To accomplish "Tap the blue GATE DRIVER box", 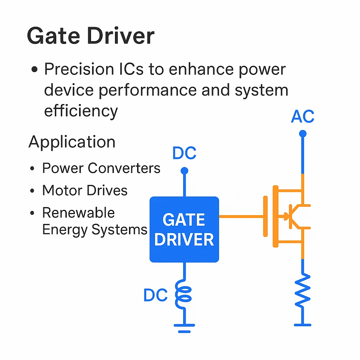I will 184,229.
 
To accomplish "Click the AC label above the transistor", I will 302,117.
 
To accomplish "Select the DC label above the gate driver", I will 184,154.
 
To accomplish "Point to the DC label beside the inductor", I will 155,295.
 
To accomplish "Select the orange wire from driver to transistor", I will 241,216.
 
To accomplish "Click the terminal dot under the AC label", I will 302,134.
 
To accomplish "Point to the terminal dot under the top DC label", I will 184,171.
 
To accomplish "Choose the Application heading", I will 72,142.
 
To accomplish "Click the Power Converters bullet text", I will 101,168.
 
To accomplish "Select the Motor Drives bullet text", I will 85,191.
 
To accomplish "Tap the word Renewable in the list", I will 78,213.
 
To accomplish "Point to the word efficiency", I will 81,110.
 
